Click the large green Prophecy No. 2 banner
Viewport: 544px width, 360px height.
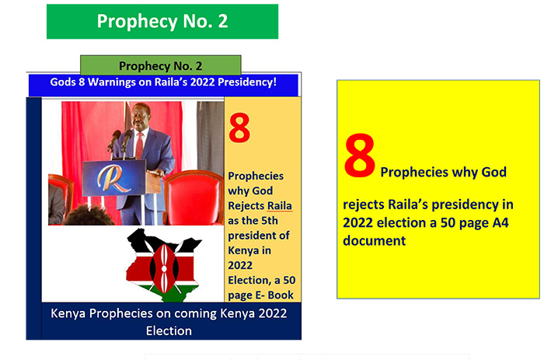pyautogui.click(x=162, y=22)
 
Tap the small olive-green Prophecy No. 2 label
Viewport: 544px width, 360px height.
pyautogui.click(x=161, y=65)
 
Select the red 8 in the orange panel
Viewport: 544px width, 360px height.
pyautogui.click(x=239, y=128)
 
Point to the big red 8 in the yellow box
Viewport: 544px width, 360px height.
pyautogui.click(x=359, y=156)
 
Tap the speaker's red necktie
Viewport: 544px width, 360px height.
pyautogui.click(x=139, y=146)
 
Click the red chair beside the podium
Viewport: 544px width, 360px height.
pyautogui.click(x=194, y=197)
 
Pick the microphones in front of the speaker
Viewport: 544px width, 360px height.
pyautogui.click(x=120, y=140)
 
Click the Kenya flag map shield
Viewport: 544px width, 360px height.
pyautogui.click(x=164, y=268)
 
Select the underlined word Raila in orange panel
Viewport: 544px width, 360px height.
pyautogui.click(x=280, y=206)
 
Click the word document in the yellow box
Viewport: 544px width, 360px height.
pyautogui.click(x=374, y=240)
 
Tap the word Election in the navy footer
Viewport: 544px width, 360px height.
pyautogui.click(x=169, y=330)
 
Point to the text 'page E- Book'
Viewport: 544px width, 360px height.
pyautogui.click(x=260, y=295)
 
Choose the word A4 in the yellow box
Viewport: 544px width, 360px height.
pyautogui.click(x=500, y=222)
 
